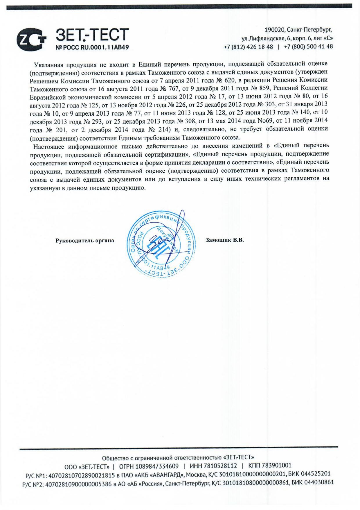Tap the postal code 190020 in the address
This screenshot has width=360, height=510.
point(274,30)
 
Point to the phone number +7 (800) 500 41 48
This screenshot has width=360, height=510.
point(308,46)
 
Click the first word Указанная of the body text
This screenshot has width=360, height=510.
point(49,64)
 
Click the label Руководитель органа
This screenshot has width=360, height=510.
point(85,241)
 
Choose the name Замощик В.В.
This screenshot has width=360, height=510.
point(225,240)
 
